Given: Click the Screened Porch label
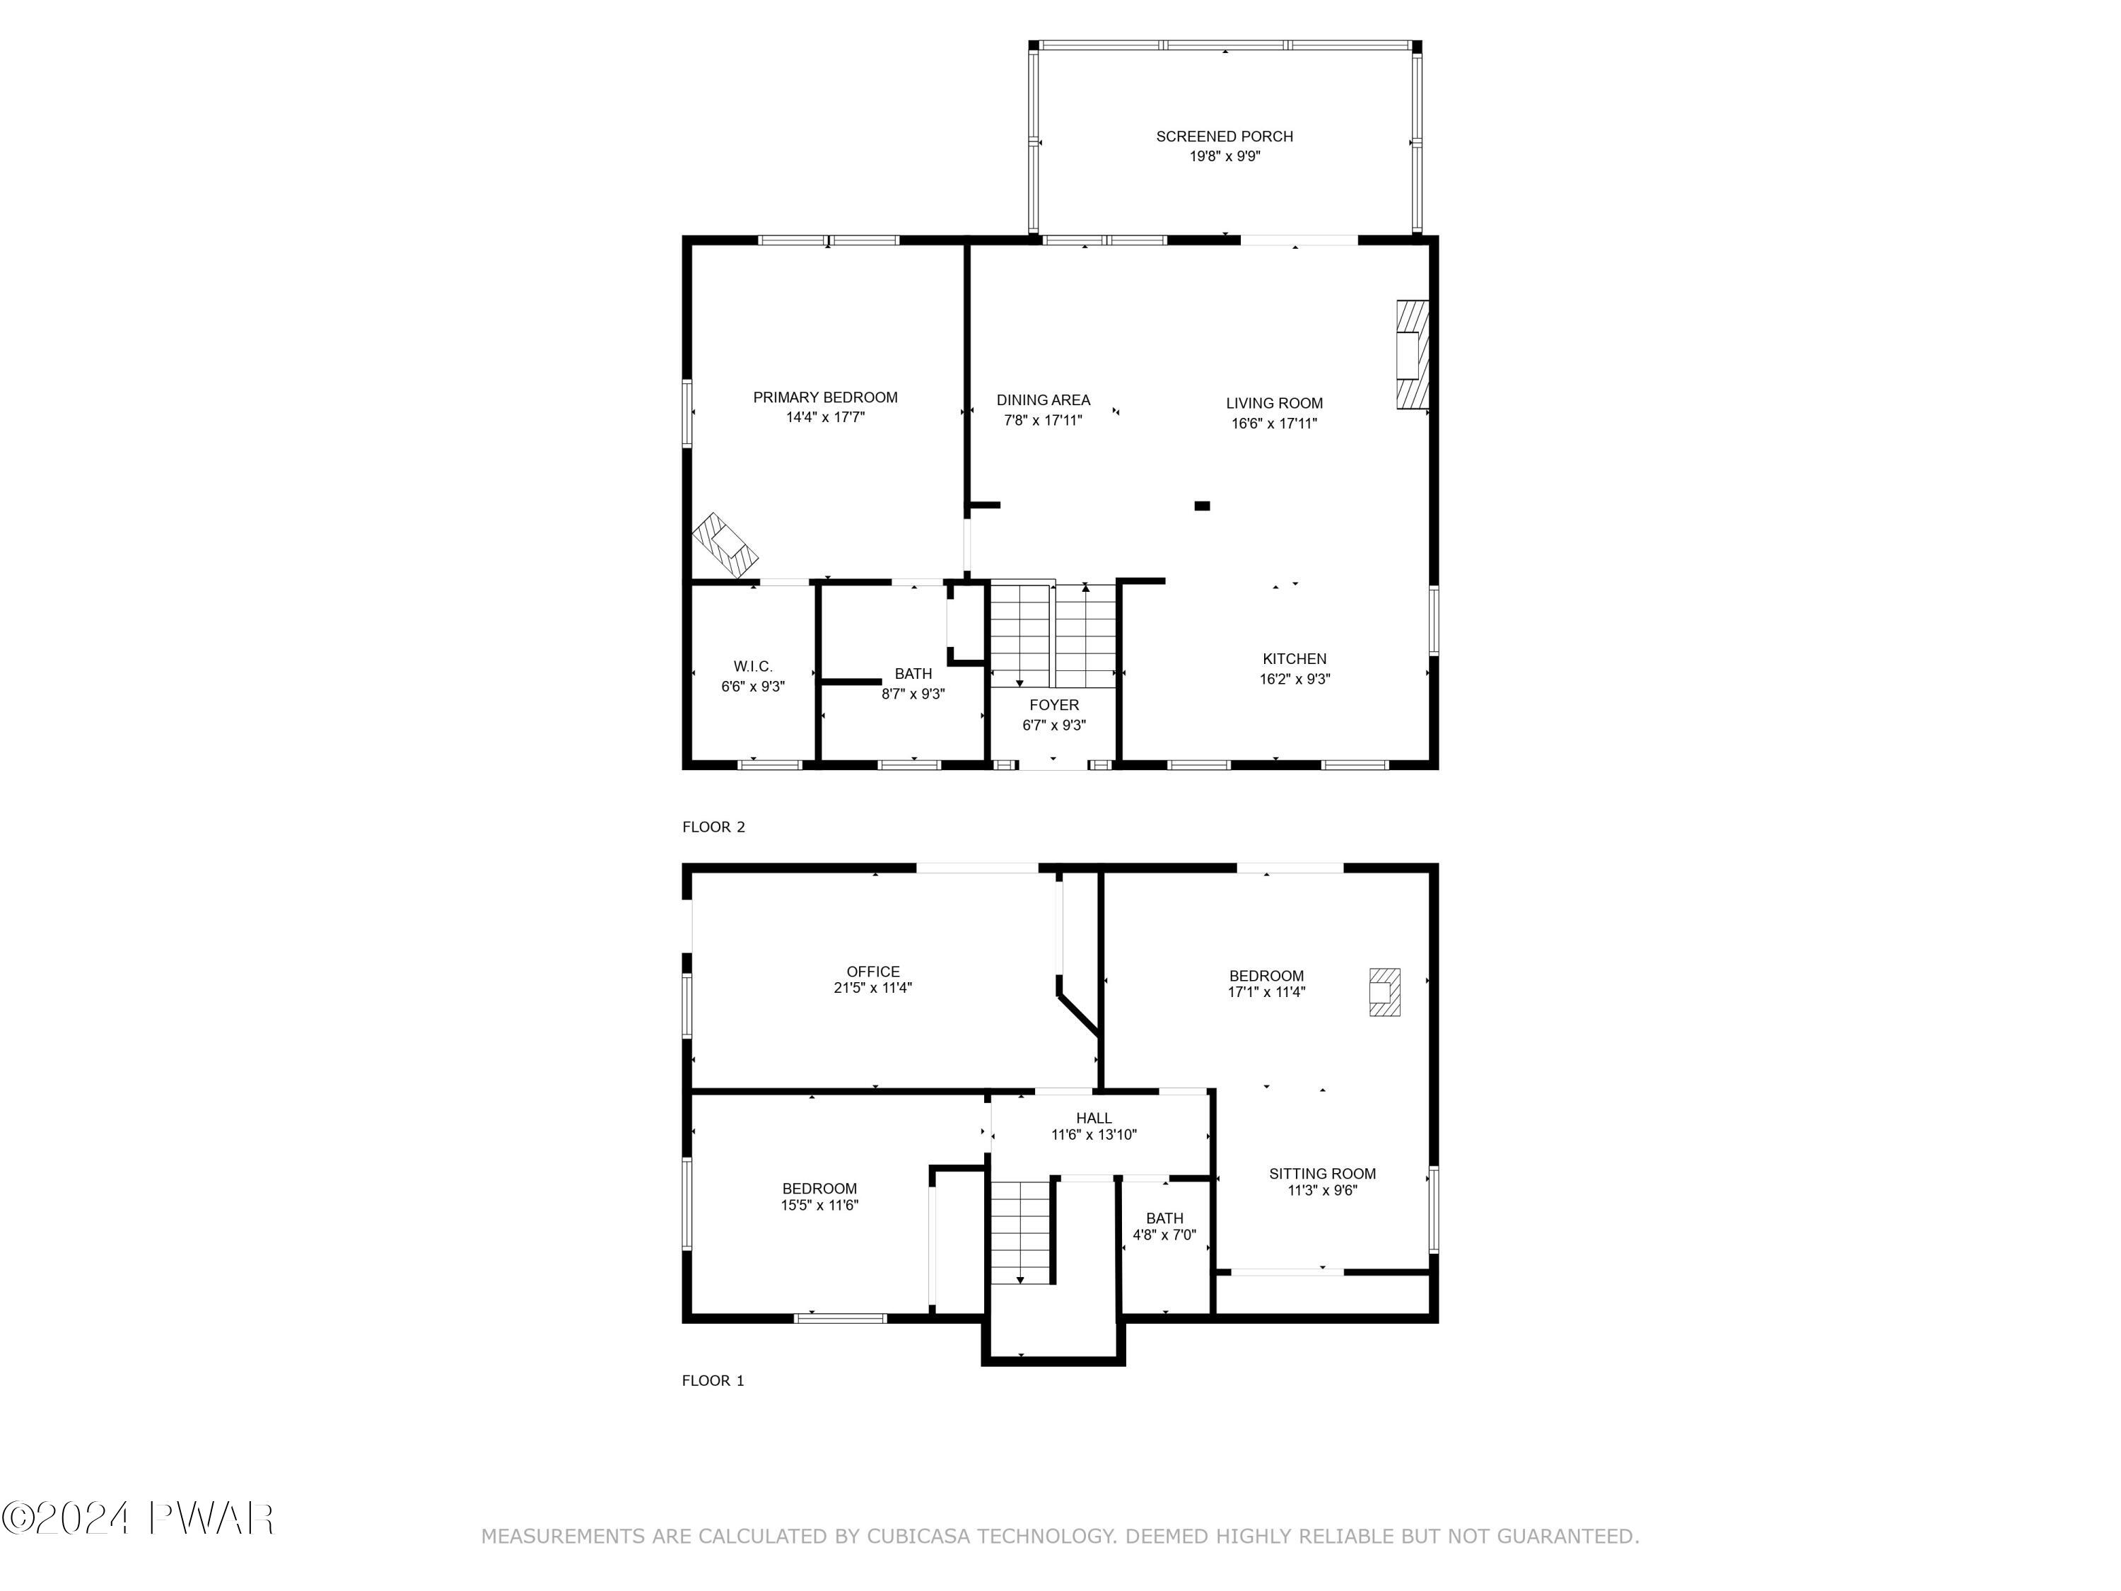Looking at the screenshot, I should pos(1225,136).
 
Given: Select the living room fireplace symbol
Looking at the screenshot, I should pos(1411,355).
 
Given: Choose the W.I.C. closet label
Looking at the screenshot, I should pos(753,667).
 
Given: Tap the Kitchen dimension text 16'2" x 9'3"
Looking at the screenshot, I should pos(1295,679).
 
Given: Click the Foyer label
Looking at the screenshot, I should pos(1054,705).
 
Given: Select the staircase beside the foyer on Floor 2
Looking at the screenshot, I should pos(1053,635).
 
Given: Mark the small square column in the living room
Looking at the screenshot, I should pos(1201,506).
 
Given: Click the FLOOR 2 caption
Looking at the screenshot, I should pos(713,827).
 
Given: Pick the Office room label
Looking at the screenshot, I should pos(872,972).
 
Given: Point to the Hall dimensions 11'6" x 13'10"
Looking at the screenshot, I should pos(1093,1134).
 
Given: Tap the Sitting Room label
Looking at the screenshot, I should pos(1321,1173).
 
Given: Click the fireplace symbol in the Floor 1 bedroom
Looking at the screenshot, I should pos(1384,991).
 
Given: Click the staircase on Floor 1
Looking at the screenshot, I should pos(1021,1232).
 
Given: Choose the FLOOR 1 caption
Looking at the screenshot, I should pos(713,1380).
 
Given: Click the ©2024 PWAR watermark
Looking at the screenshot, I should pos(139,1518).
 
